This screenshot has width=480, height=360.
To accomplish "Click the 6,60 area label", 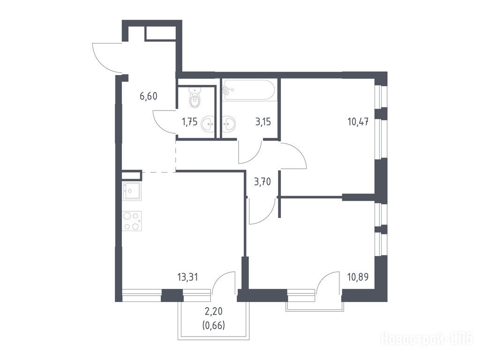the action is pyautogui.click(x=149, y=97).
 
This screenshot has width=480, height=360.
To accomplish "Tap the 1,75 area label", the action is pyautogui.click(x=190, y=123).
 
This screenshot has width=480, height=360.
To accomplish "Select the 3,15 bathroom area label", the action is pyautogui.click(x=263, y=122).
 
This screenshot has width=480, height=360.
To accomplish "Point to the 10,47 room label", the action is pyautogui.click(x=358, y=122).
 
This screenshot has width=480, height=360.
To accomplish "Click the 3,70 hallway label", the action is pyautogui.click(x=262, y=182).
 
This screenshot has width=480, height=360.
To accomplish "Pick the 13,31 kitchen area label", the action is pyautogui.click(x=187, y=277).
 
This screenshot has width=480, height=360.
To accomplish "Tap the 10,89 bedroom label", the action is pyautogui.click(x=358, y=277).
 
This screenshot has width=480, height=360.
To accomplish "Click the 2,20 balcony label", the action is pyautogui.click(x=214, y=312).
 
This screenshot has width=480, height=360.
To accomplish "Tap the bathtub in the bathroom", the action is pyautogui.click(x=250, y=90).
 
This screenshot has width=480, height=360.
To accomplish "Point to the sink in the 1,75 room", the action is pyautogui.click(x=208, y=124).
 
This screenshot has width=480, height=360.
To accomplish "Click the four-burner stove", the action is pyautogui.click(x=132, y=221).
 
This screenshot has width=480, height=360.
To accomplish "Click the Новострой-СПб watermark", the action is pyautogui.click(x=427, y=339).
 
